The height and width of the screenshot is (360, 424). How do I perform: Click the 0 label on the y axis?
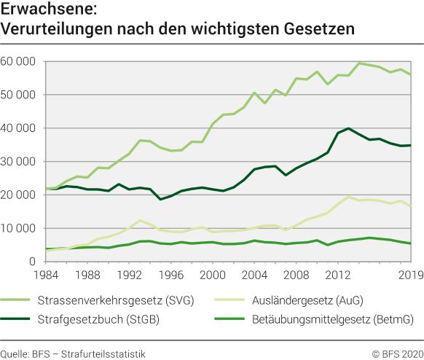click(x=31, y=262)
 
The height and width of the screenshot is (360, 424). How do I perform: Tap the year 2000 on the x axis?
click(x=212, y=276)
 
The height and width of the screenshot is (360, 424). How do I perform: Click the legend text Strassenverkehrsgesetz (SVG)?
click(x=125, y=300)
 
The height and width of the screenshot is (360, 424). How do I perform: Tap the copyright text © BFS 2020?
click(x=397, y=353)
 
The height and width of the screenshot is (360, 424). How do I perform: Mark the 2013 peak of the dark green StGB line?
click(x=350, y=128)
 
